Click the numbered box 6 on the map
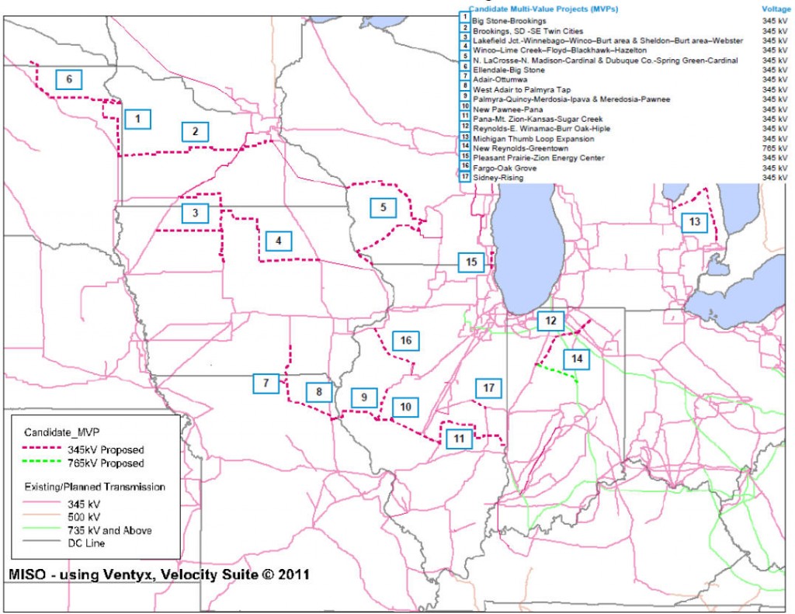point(68,79)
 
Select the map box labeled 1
point(137,119)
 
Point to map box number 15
point(470,262)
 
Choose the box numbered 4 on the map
point(277,241)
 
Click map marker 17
point(488,387)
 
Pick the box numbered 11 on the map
point(459,439)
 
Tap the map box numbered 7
point(266,382)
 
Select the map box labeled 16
point(405,340)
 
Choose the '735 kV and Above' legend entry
point(109,530)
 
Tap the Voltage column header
point(776,8)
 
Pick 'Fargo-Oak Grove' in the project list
point(504,168)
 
